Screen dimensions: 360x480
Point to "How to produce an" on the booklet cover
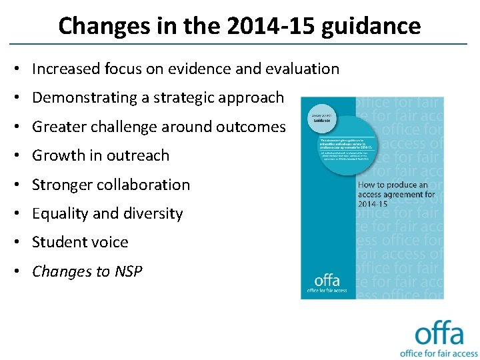393,185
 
